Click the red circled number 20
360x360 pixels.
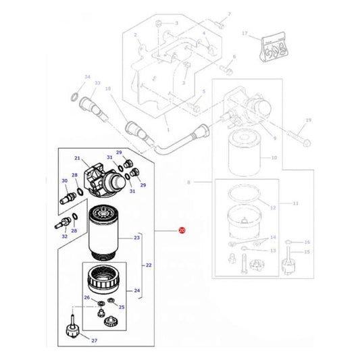coord(182,231)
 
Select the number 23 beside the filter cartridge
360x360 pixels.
coord(136,238)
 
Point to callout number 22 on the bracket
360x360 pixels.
coord(149,265)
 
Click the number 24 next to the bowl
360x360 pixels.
coord(136,292)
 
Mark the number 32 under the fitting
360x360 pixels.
coord(64,237)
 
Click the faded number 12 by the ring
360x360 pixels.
coord(273,208)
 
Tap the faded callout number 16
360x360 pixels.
coord(307,241)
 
